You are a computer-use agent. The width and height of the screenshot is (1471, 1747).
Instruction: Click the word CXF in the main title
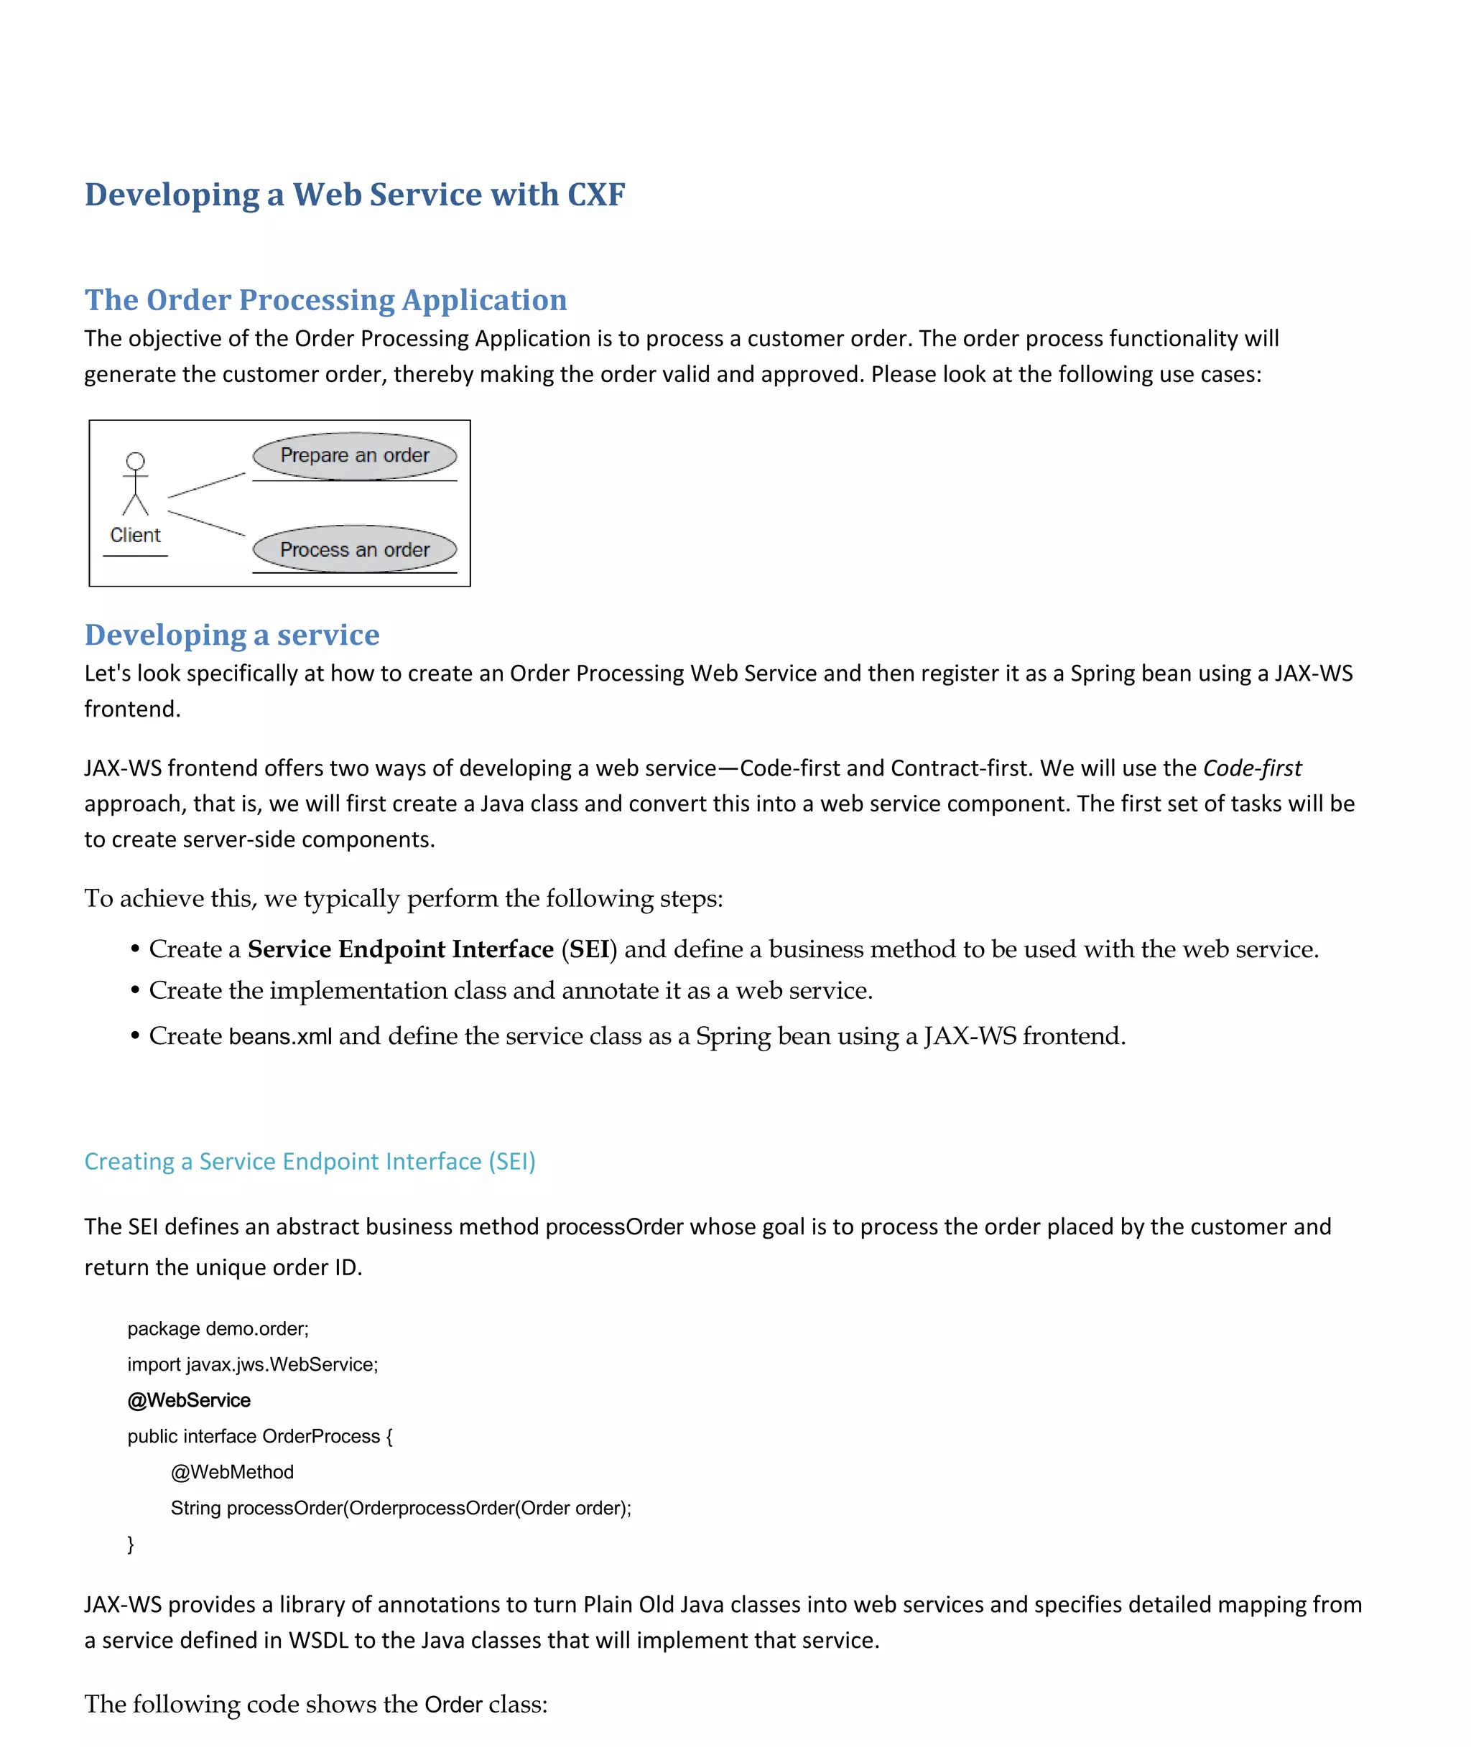pyautogui.click(x=595, y=195)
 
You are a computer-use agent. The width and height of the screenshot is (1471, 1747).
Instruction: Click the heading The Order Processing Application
pyautogui.click(x=325, y=300)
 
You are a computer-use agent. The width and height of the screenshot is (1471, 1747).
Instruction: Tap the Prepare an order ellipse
pyautogui.click(x=354, y=455)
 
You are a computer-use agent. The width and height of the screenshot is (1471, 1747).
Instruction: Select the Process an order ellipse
pyautogui.click(x=354, y=549)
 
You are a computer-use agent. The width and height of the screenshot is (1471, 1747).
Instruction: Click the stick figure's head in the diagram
pyautogui.click(x=135, y=461)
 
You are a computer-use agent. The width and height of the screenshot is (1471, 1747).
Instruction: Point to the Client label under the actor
pyautogui.click(x=135, y=535)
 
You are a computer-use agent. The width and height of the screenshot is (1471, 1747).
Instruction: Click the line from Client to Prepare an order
pyautogui.click(x=206, y=485)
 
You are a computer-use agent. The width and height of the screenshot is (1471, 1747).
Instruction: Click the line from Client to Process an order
pyautogui.click(x=206, y=523)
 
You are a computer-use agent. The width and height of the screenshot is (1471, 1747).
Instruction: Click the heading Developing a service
pyautogui.click(x=232, y=635)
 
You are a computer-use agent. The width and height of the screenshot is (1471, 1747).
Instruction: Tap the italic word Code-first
pyautogui.click(x=1252, y=768)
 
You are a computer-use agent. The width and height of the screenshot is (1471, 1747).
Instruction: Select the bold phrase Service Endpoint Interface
pyautogui.click(x=400, y=949)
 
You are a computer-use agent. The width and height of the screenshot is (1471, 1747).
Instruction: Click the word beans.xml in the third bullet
pyautogui.click(x=280, y=1036)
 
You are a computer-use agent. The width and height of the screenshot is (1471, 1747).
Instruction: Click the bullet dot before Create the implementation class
pyautogui.click(x=134, y=991)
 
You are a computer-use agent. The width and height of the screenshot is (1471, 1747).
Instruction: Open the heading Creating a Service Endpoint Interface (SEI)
pyautogui.click(x=310, y=1161)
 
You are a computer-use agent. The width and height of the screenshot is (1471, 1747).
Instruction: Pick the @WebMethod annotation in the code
pyautogui.click(x=232, y=1472)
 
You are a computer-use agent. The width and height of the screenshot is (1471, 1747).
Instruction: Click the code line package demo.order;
pyautogui.click(x=218, y=1328)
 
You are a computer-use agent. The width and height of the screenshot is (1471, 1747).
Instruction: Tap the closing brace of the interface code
pyautogui.click(x=130, y=1544)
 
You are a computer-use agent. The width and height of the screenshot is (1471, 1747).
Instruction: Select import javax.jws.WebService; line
pyautogui.click(x=253, y=1364)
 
